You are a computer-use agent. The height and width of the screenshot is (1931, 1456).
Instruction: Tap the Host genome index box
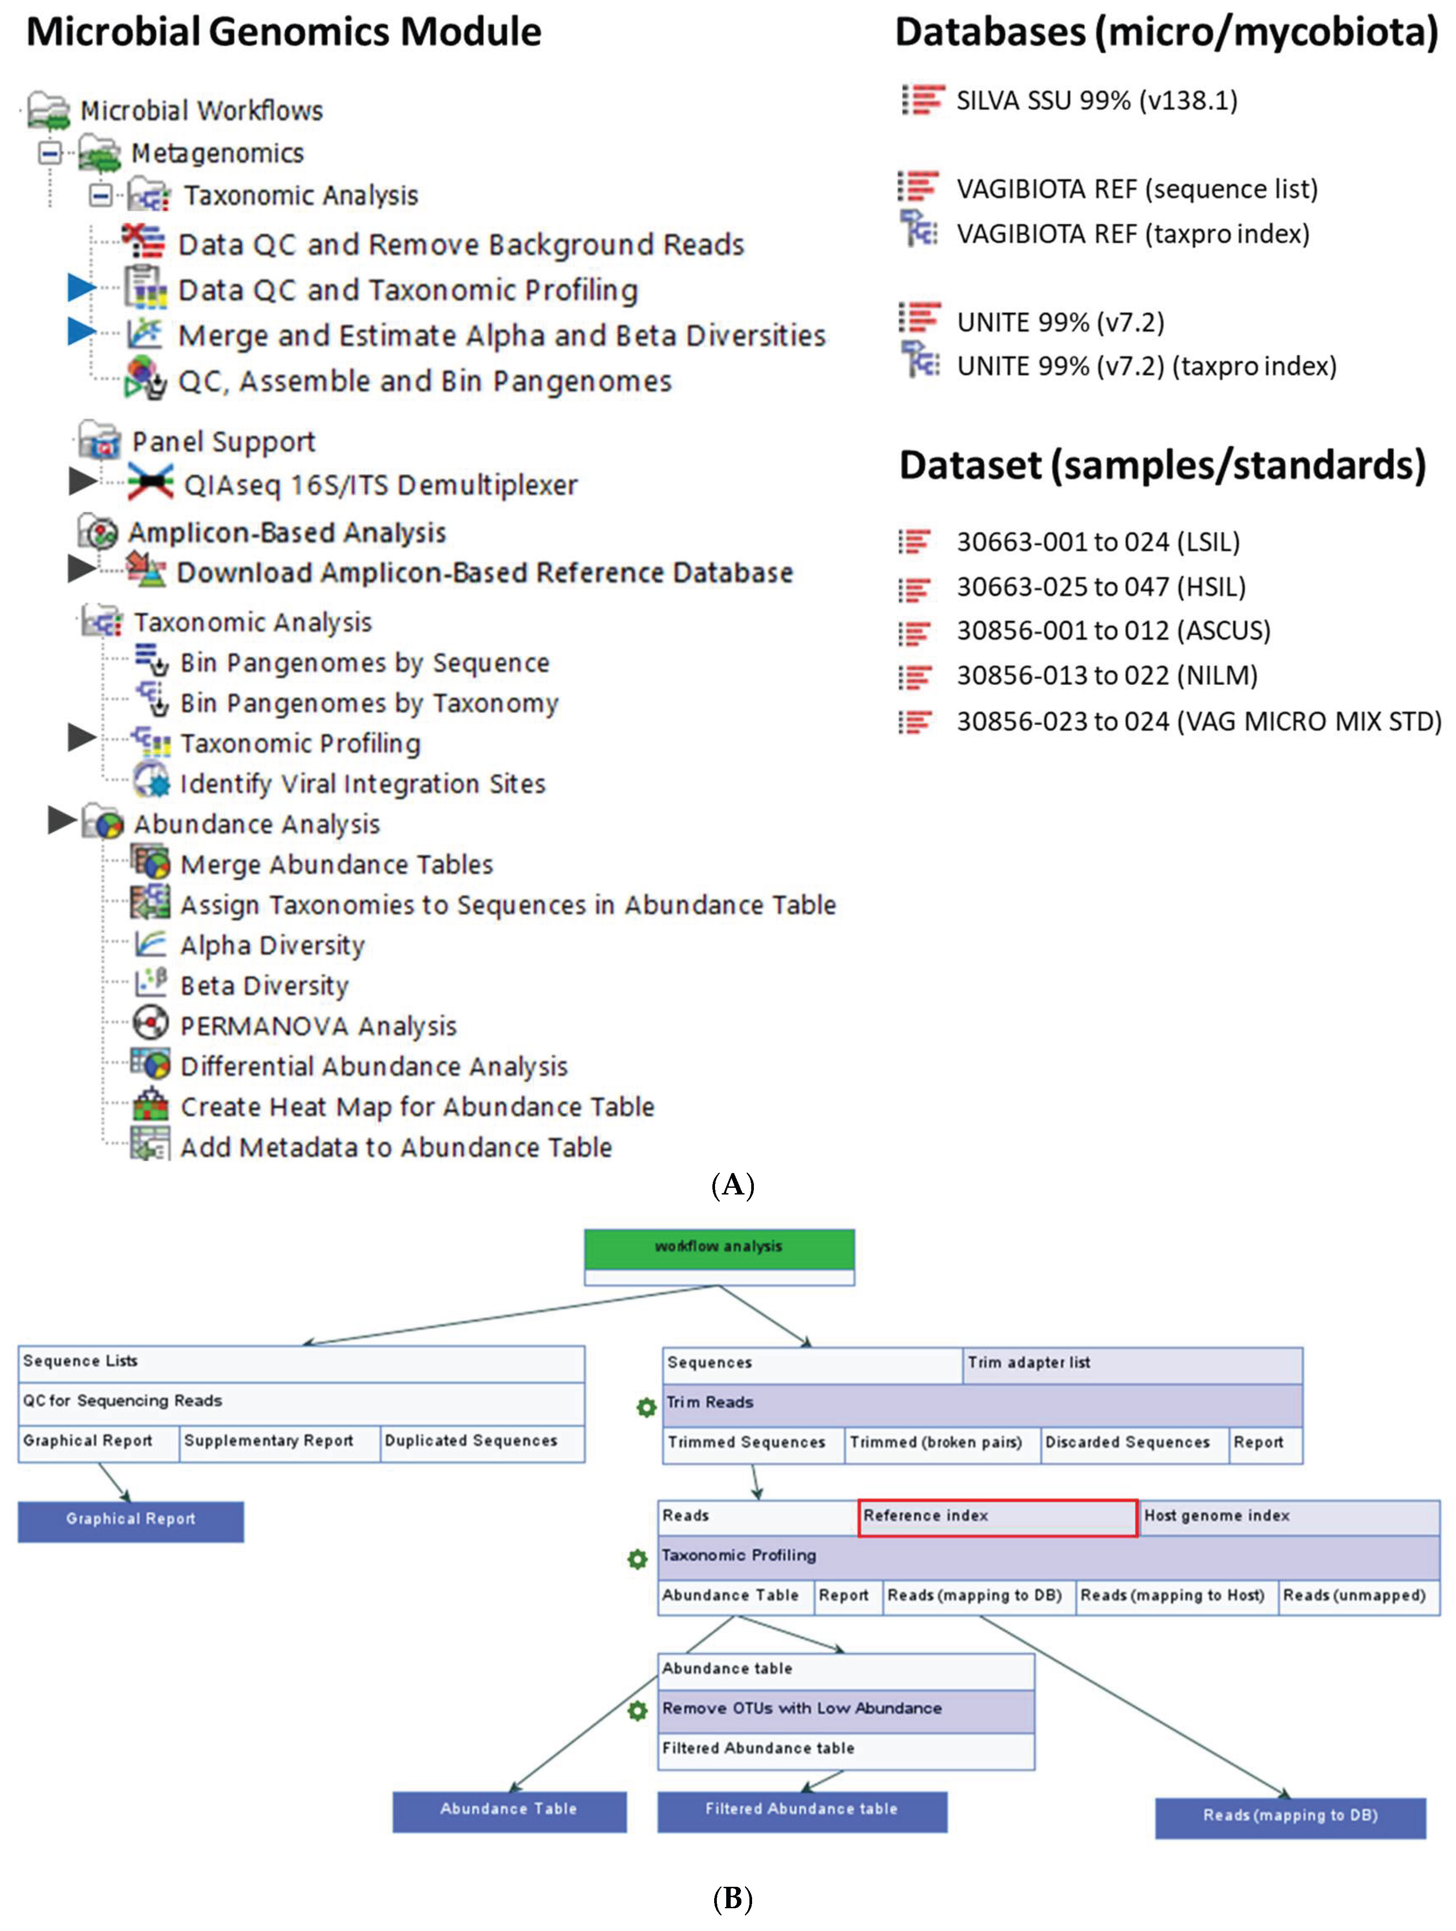coord(1289,1517)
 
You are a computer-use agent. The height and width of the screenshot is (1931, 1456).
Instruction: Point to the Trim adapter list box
coord(1132,1364)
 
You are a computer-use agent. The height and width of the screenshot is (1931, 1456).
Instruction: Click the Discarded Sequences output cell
coord(1127,1443)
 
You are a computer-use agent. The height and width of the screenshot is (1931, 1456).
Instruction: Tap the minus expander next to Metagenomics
coord(50,153)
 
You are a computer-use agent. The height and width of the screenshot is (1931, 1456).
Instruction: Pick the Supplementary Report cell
coord(269,1441)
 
